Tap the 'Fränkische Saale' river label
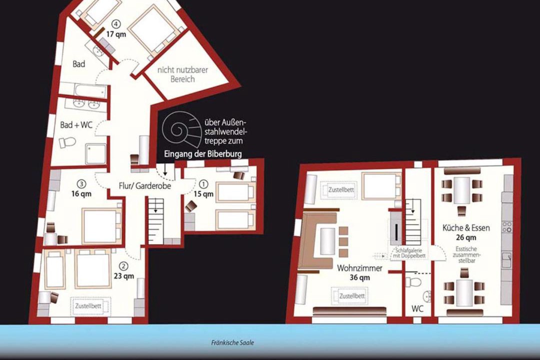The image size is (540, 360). (232, 343)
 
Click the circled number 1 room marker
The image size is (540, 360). (204, 183)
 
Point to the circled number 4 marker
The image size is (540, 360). (116, 24)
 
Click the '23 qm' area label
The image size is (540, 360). (124, 276)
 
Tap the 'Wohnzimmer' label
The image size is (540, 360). (359, 268)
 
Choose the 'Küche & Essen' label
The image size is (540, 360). (466, 227)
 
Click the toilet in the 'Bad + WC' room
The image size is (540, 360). (67, 142)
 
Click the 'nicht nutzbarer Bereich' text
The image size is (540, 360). (183, 74)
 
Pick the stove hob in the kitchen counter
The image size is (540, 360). (507, 226)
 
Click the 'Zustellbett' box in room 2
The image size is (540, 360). (90, 305)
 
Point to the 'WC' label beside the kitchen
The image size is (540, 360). (417, 308)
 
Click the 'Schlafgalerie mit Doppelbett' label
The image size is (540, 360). (409, 253)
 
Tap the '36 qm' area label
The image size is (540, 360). (359, 277)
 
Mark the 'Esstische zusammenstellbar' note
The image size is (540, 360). (466, 254)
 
